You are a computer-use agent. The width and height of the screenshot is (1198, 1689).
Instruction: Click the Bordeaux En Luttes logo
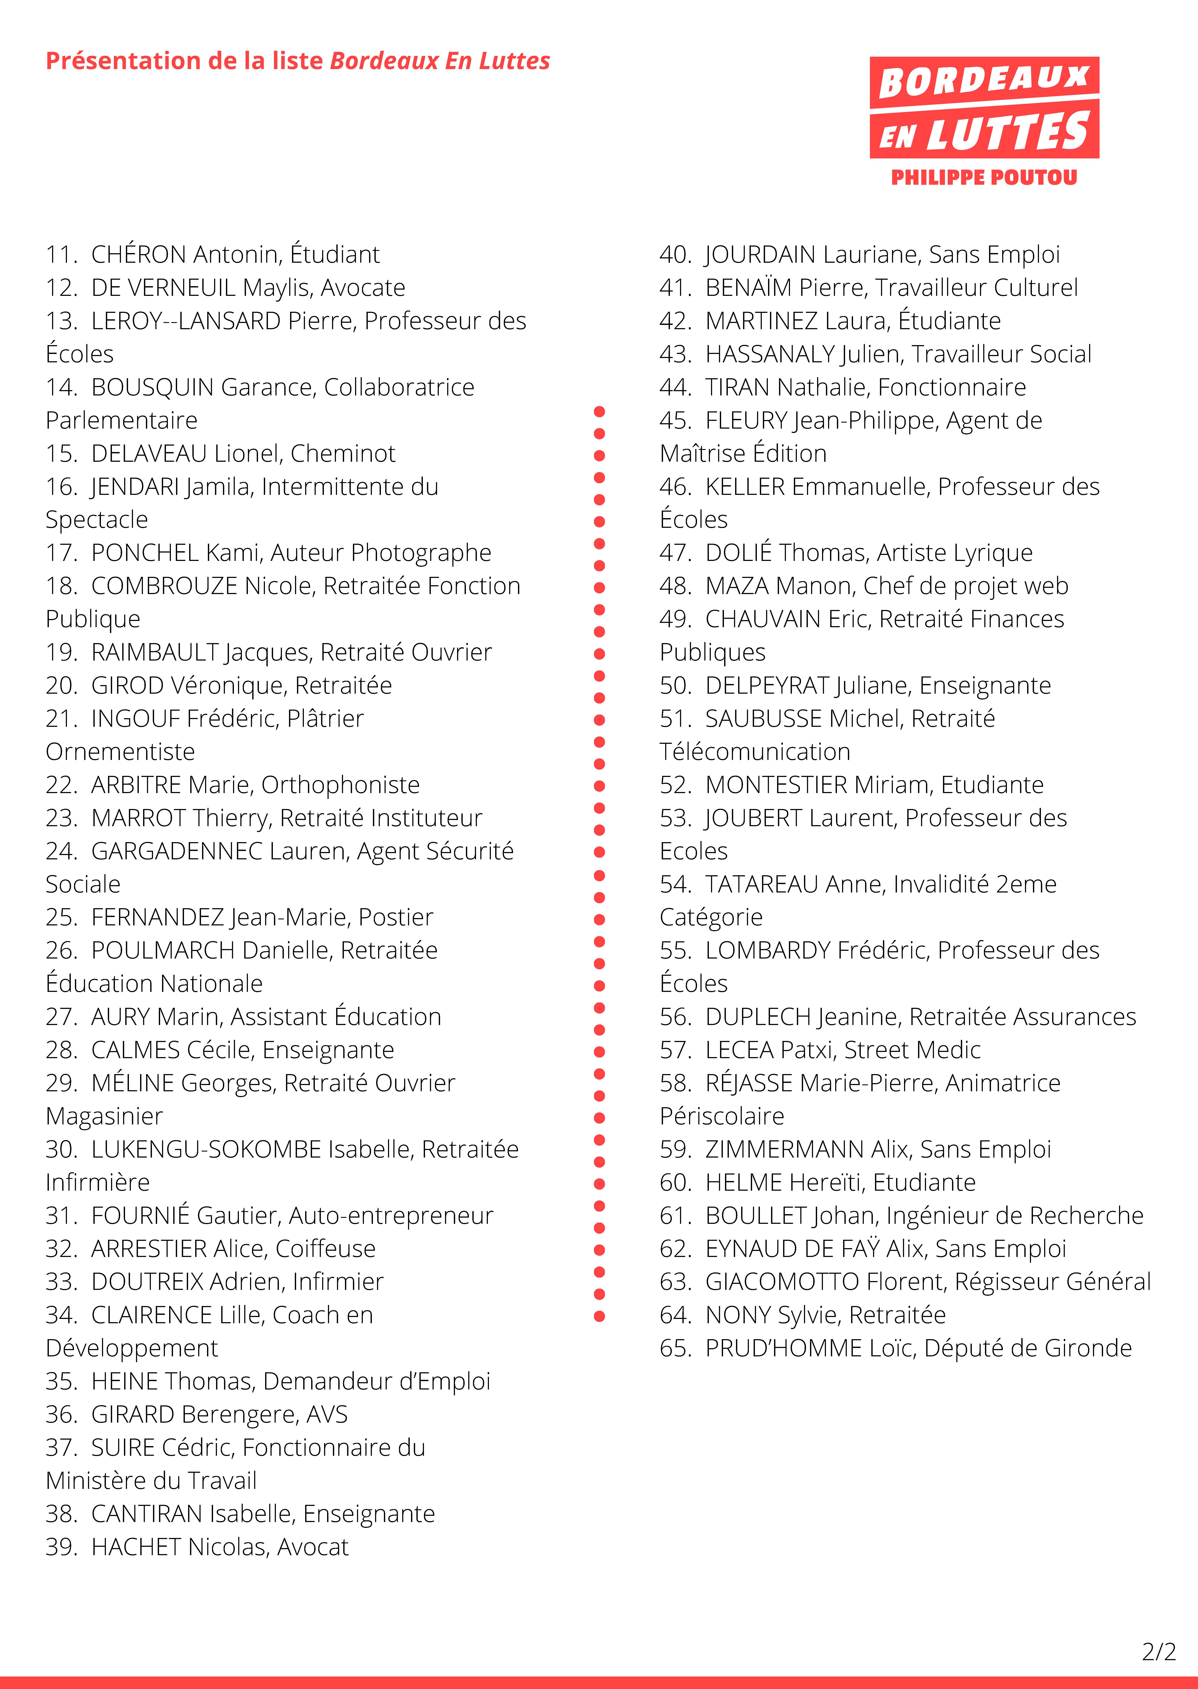(x=984, y=108)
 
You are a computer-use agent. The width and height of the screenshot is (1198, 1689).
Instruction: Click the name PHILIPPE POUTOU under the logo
(x=984, y=178)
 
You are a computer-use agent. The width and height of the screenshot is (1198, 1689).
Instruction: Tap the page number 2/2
(x=1158, y=1651)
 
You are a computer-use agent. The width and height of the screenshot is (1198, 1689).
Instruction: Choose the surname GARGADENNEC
(x=177, y=851)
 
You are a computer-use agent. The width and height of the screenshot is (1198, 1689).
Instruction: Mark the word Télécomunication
(x=755, y=752)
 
